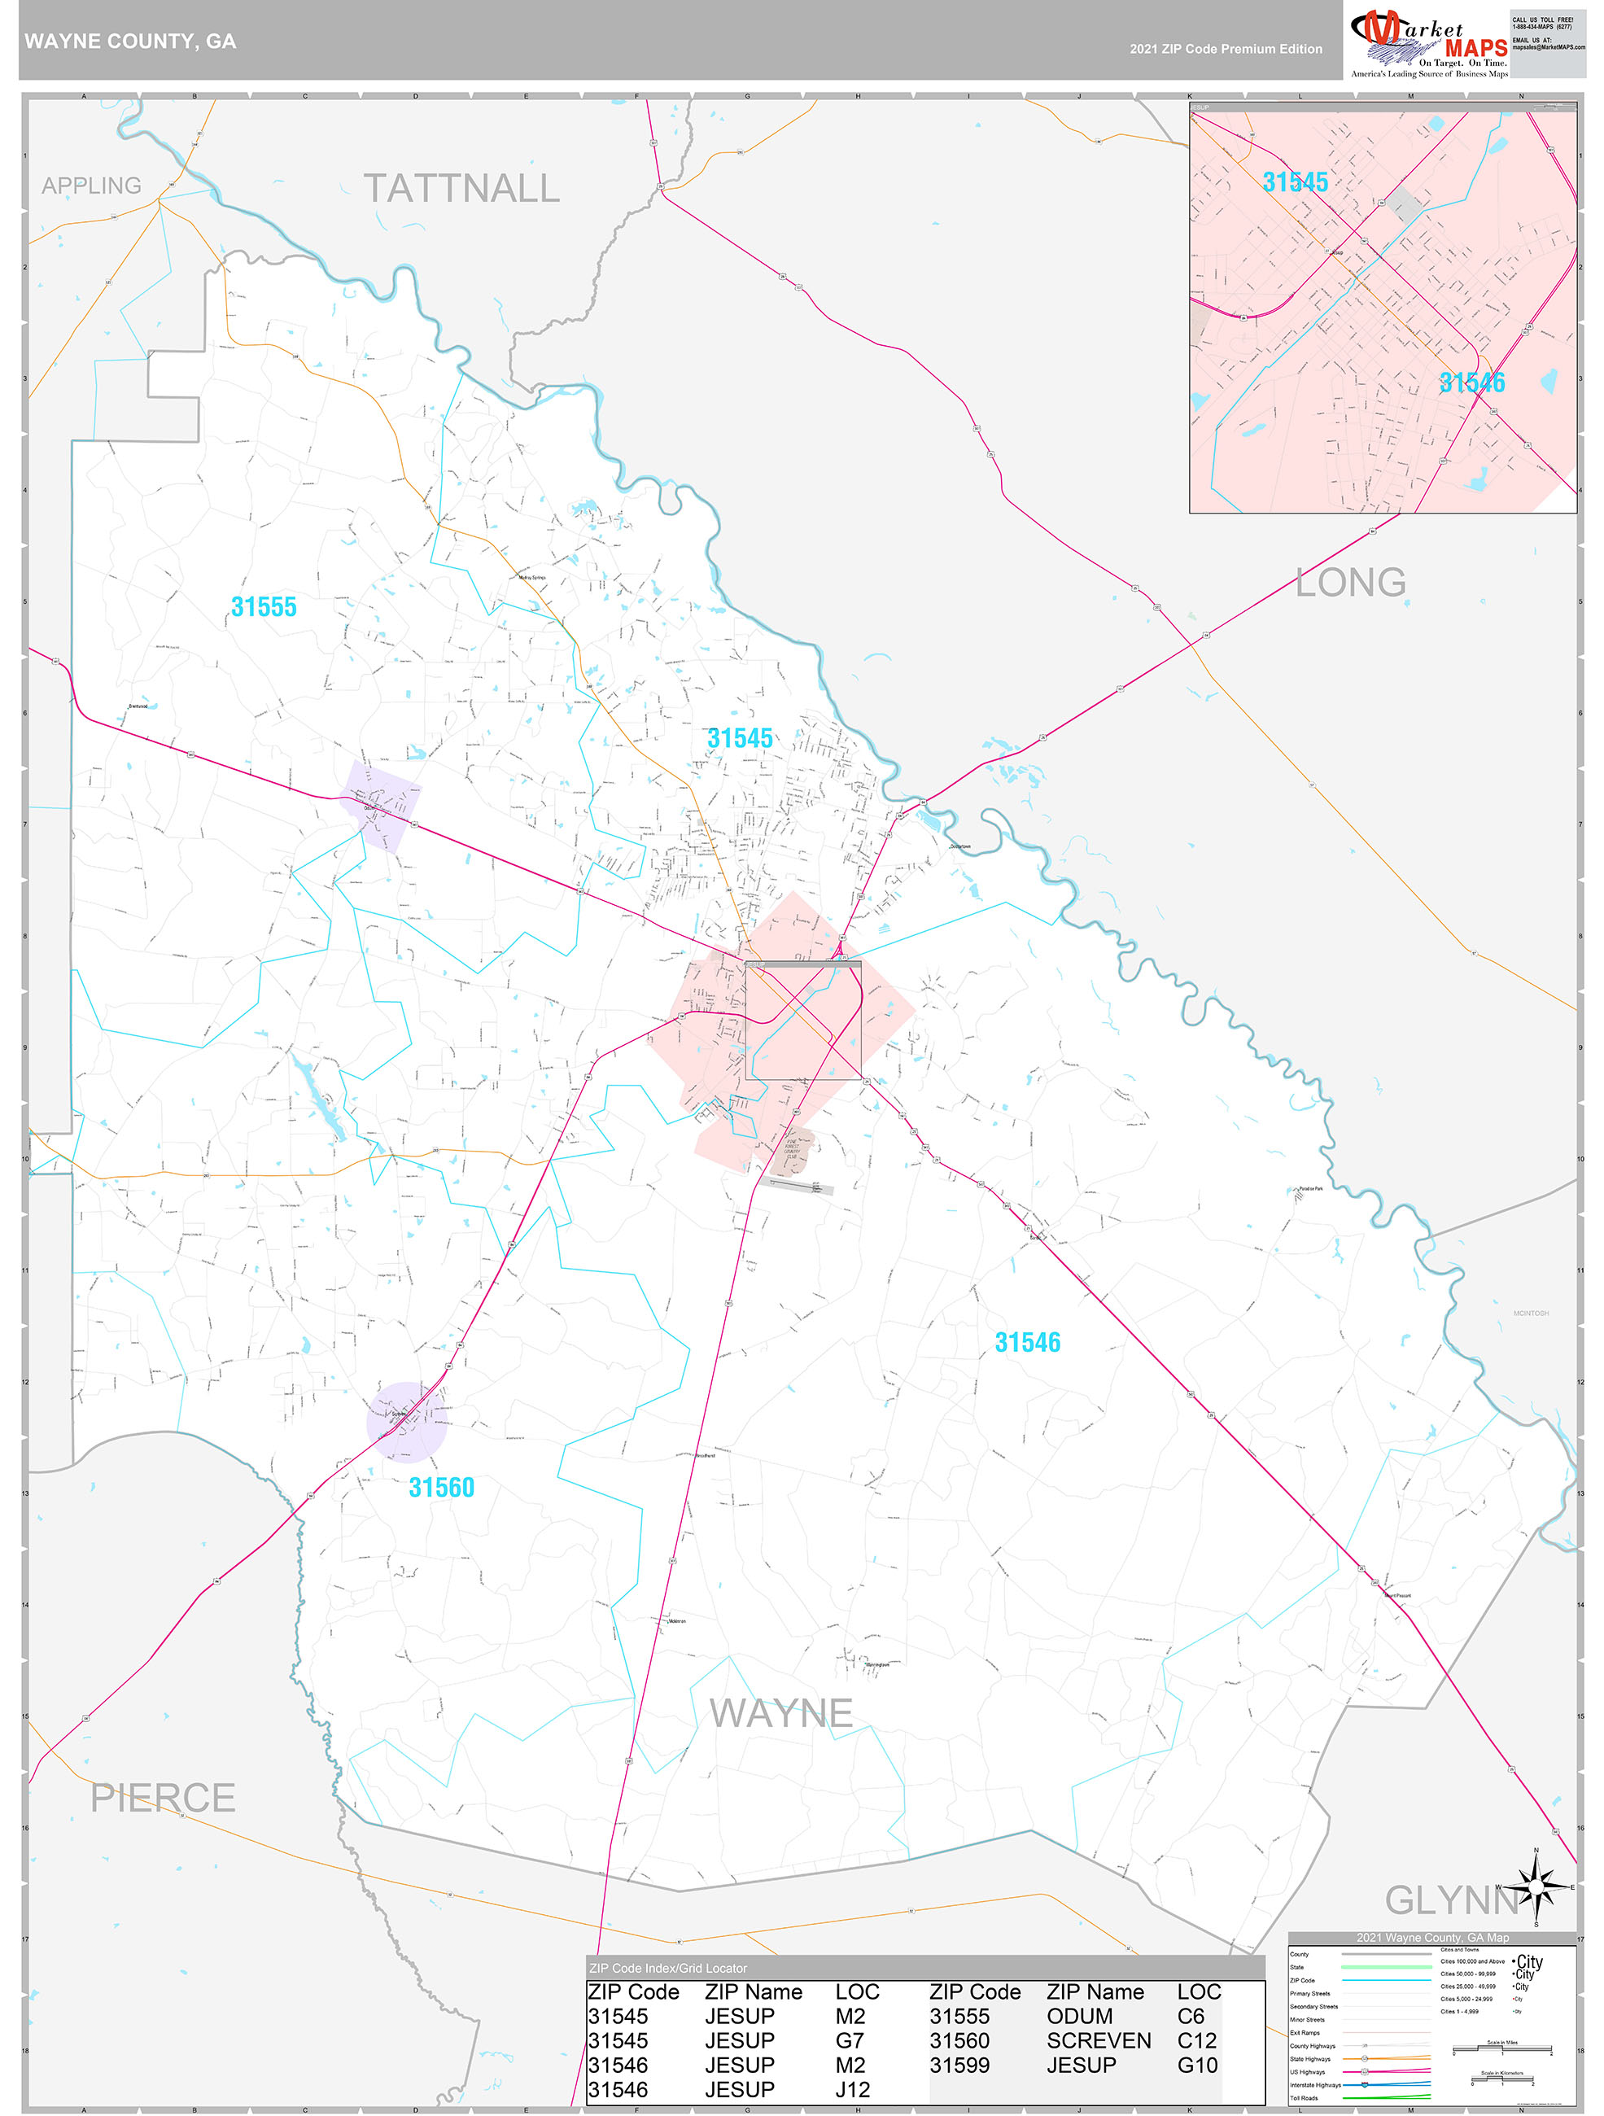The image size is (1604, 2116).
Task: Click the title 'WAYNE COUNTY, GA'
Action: click(130, 42)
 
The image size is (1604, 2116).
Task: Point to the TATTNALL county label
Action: click(461, 189)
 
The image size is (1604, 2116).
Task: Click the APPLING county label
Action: click(91, 186)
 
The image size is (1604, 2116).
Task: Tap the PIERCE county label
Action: click(163, 1798)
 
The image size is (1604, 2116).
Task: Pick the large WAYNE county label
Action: click(780, 1713)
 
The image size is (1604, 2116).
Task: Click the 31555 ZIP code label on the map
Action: click(263, 606)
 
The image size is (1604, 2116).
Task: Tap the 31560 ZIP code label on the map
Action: click(441, 1487)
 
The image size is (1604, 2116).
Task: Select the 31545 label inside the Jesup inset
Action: click(1294, 181)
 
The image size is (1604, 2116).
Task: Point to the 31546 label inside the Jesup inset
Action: click(1471, 383)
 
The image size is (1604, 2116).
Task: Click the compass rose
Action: click(1536, 1886)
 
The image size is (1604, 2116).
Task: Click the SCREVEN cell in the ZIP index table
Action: click(1098, 2040)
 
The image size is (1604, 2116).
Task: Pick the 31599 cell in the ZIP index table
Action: click(959, 2066)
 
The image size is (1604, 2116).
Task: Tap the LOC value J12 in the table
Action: click(851, 2090)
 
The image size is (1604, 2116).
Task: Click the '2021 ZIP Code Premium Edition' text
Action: click(1226, 49)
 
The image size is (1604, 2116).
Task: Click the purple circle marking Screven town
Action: click(405, 1422)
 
